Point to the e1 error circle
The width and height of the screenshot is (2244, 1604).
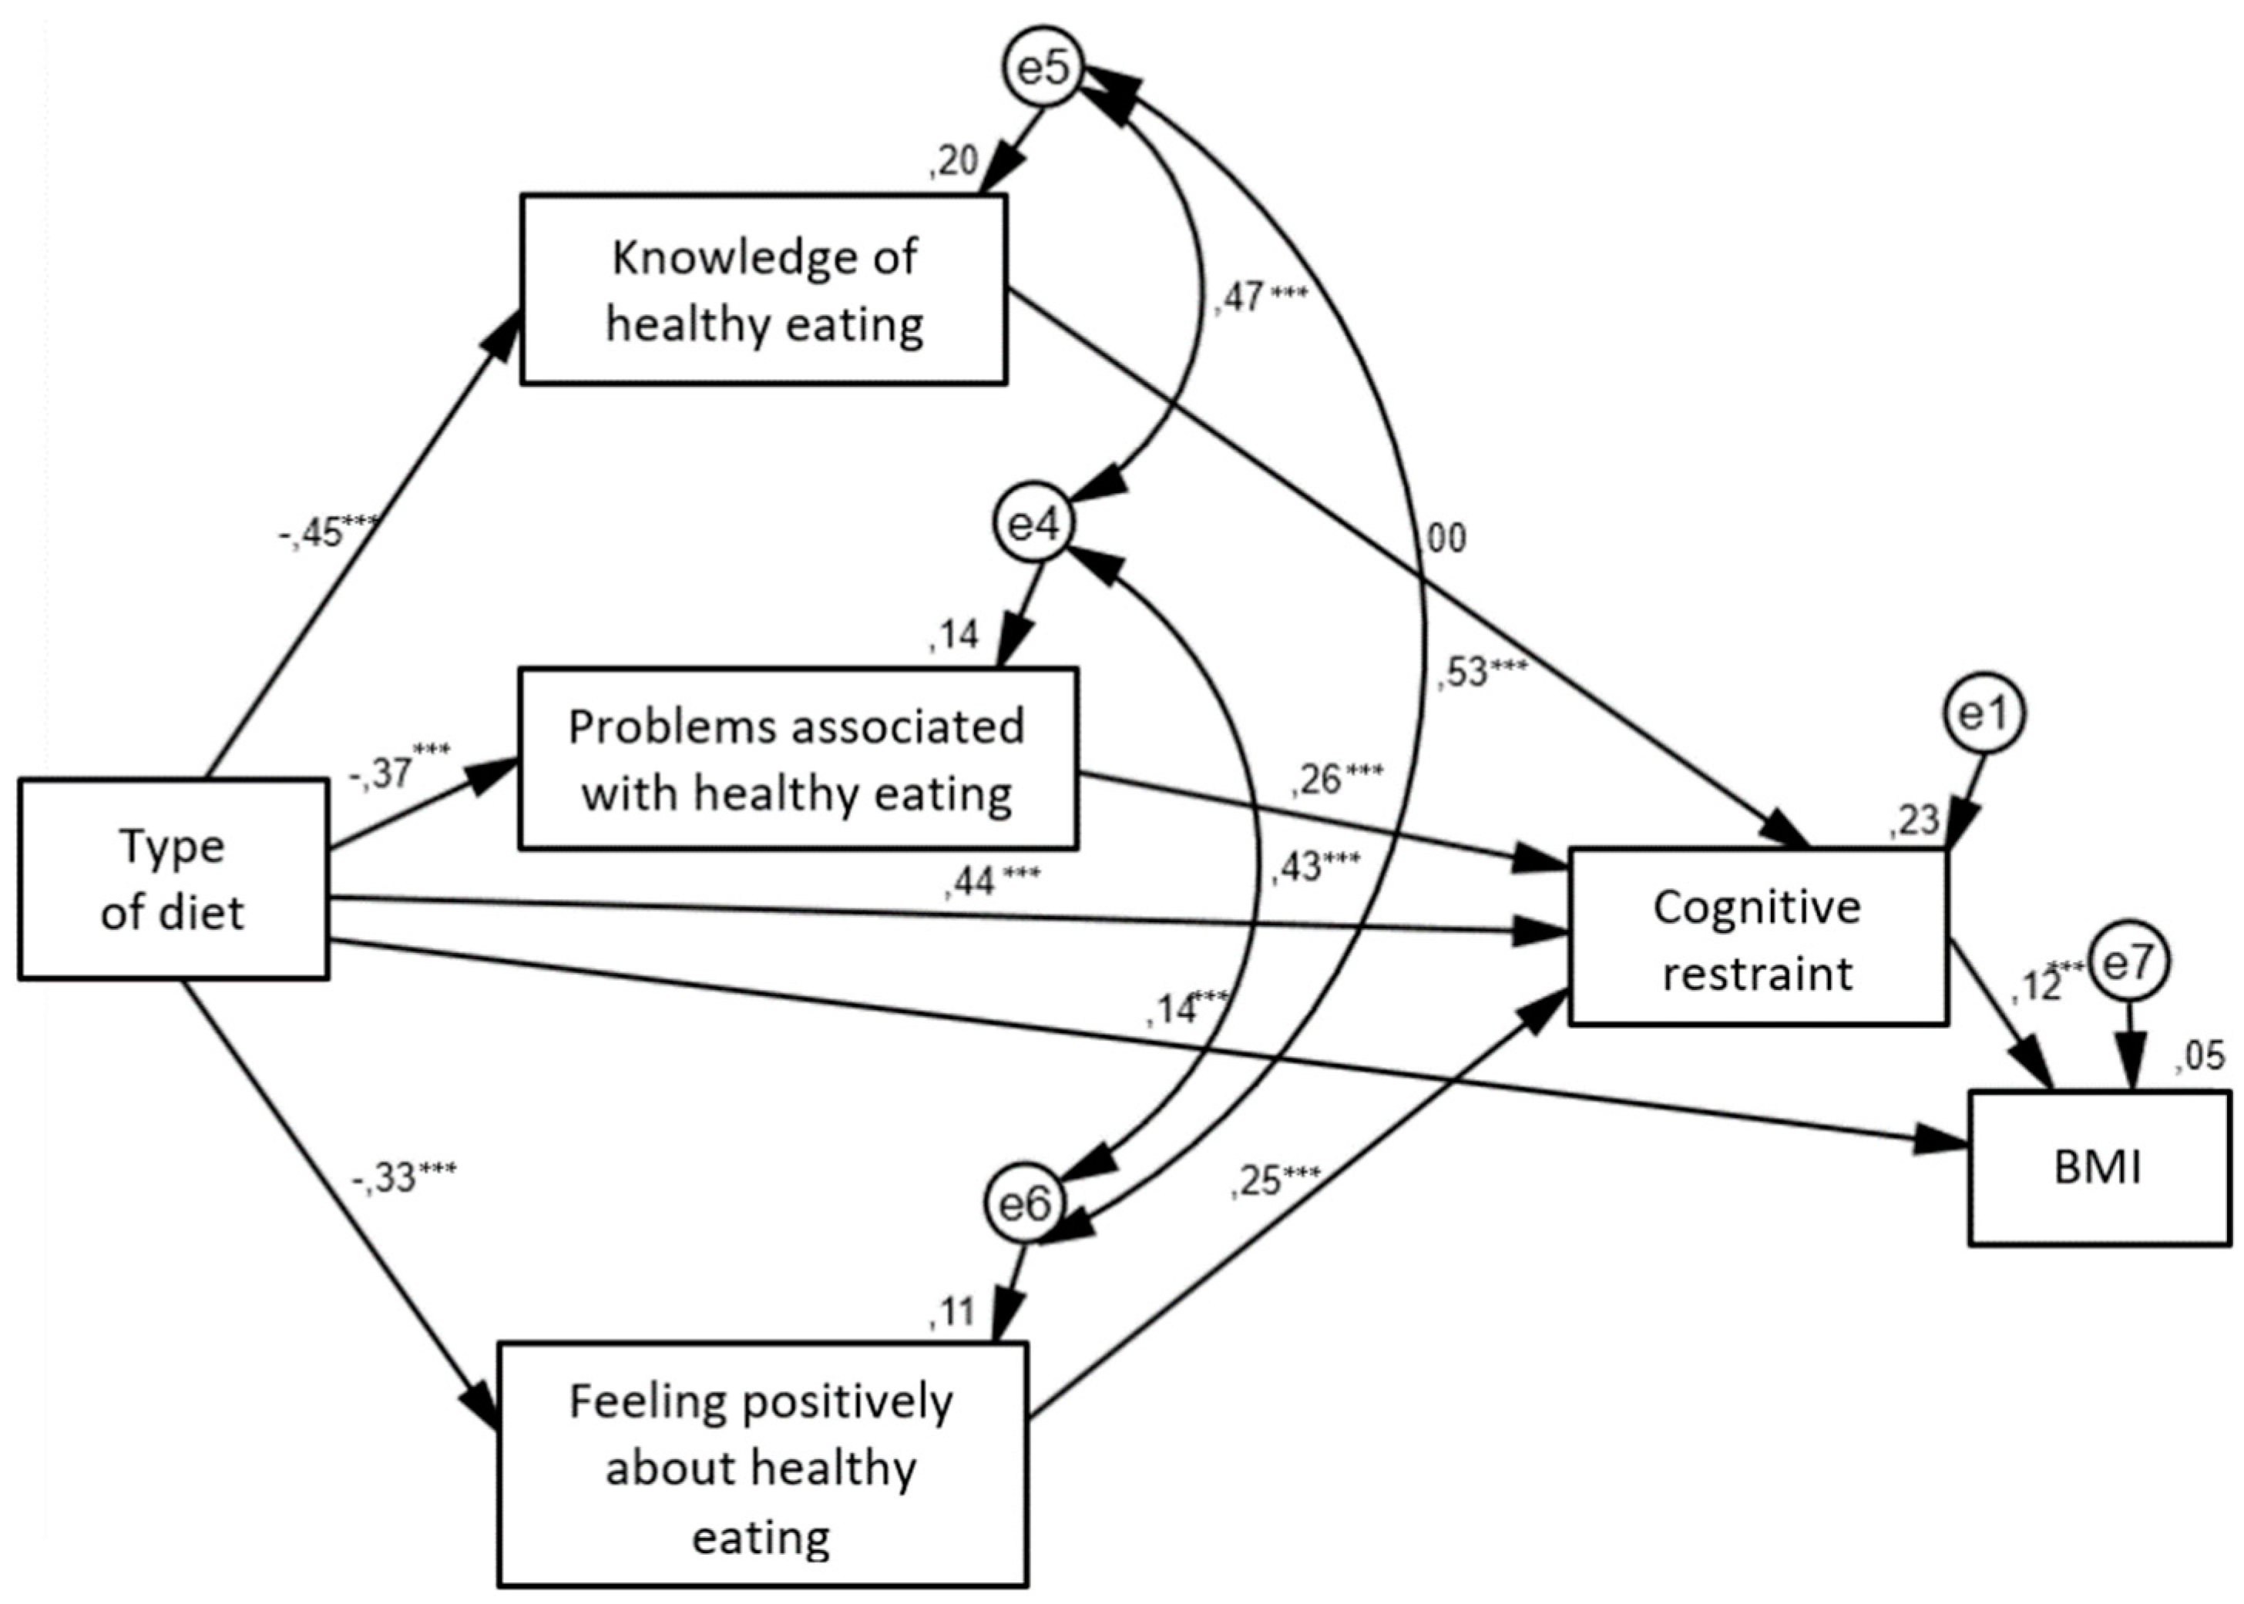click(x=1985, y=714)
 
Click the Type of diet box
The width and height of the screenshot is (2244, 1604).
click(x=173, y=879)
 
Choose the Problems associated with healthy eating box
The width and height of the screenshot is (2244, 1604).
click(x=798, y=759)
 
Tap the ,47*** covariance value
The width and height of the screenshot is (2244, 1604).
click(x=1260, y=297)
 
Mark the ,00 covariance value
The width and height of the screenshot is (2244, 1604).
click(x=1444, y=539)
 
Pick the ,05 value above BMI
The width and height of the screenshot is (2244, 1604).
click(x=2201, y=1057)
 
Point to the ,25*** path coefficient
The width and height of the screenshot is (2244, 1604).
click(x=1274, y=1181)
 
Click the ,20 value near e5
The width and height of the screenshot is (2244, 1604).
click(x=953, y=161)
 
